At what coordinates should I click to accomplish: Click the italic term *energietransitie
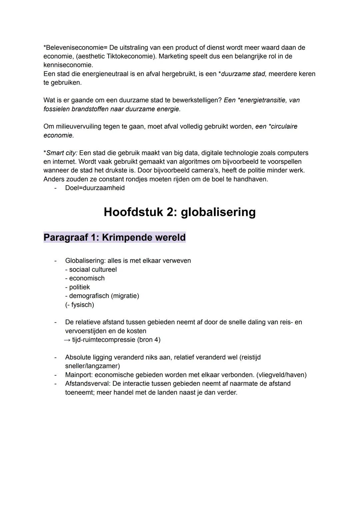click(262, 100)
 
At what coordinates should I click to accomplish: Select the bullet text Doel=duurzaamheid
click(95, 188)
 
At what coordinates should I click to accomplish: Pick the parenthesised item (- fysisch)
click(79, 304)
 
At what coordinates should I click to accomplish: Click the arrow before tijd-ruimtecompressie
click(67, 340)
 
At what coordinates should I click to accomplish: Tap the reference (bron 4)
click(149, 340)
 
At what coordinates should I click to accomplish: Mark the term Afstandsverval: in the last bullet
click(88, 383)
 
